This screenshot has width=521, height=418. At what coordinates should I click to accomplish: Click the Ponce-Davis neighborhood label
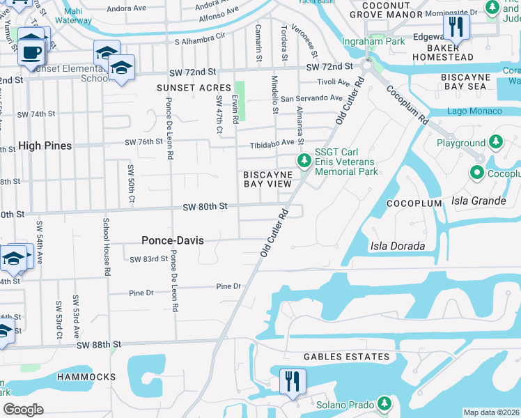173,240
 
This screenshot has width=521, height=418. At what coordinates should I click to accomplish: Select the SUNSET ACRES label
194,88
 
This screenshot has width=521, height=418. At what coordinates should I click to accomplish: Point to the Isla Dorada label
398,246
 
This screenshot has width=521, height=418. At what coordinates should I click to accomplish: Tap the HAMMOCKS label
87,376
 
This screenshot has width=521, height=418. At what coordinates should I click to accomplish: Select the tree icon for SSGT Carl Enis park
304,161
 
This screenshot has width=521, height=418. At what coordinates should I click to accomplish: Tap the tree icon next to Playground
495,143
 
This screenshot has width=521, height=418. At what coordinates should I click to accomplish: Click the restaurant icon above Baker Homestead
456,27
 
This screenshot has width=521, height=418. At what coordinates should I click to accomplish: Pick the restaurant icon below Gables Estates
292,382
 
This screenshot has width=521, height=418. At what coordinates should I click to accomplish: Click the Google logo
23,410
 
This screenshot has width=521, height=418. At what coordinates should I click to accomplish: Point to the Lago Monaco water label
474,111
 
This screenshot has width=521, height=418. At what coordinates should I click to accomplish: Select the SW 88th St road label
99,345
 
